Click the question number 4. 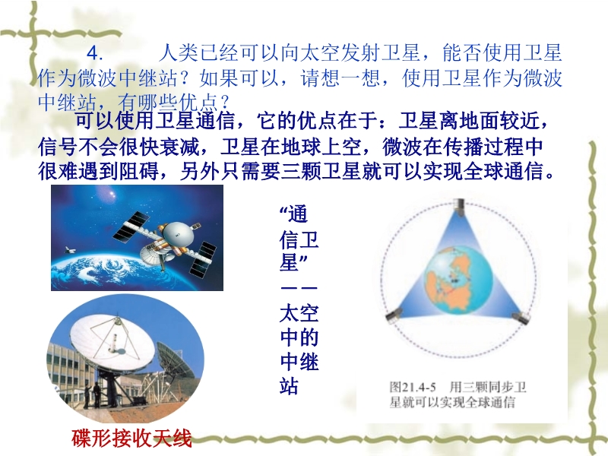pos(94,54)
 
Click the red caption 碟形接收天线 pos(131,439)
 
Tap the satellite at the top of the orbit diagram pos(460,207)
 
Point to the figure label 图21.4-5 pos(412,387)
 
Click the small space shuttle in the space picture pos(69,250)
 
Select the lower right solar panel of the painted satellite pos(203,259)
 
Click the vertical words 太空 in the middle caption pos(299,313)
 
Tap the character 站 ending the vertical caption pos(290,385)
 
